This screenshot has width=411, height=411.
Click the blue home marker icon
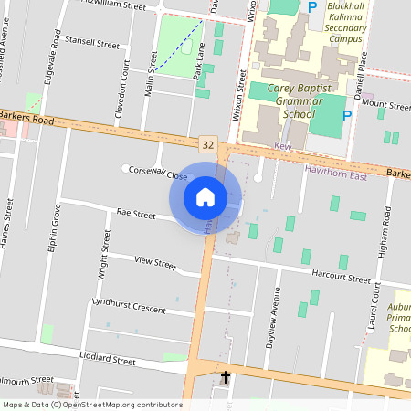click(205, 197)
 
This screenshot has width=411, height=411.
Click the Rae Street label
click(136, 213)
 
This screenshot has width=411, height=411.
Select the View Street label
click(154, 262)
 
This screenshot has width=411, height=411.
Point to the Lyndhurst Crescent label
click(129, 308)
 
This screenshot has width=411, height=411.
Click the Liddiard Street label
click(108, 359)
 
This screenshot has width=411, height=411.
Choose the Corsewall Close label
click(159, 172)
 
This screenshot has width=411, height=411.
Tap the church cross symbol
click(225, 376)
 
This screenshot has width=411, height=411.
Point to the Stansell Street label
click(92, 43)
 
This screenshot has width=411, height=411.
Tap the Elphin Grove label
click(56, 234)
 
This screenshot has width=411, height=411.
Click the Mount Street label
click(387, 106)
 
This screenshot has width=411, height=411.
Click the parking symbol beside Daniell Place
click(345, 115)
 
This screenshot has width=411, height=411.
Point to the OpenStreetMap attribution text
click(92, 405)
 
